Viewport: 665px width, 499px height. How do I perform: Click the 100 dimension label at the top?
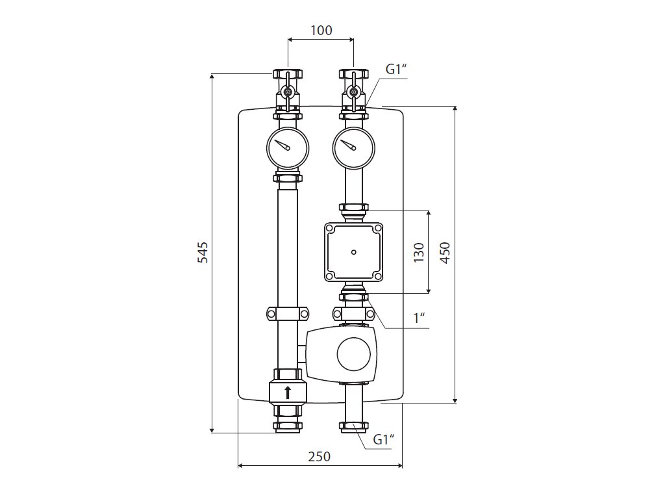[321, 30]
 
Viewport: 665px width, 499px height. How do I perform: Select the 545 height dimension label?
[203, 252]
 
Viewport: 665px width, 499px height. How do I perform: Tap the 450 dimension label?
[445, 252]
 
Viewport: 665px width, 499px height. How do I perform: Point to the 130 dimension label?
[419, 252]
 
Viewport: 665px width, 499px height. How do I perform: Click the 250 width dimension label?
[320, 456]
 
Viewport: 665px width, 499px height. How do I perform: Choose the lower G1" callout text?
[384, 440]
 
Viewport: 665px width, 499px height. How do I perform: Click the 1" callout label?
[420, 318]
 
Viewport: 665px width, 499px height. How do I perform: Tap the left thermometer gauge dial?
[287, 146]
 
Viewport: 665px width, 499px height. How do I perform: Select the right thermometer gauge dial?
[353, 146]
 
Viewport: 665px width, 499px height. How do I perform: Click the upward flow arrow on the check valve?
[288, 392]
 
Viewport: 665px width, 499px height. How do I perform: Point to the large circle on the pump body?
[354, 355]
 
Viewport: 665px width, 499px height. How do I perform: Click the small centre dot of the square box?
[353, 252]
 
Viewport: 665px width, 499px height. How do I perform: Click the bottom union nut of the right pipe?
[353, 427]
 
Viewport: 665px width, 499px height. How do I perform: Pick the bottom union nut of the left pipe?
[287, 427]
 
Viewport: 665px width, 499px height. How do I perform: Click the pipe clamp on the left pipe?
[287, 314]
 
